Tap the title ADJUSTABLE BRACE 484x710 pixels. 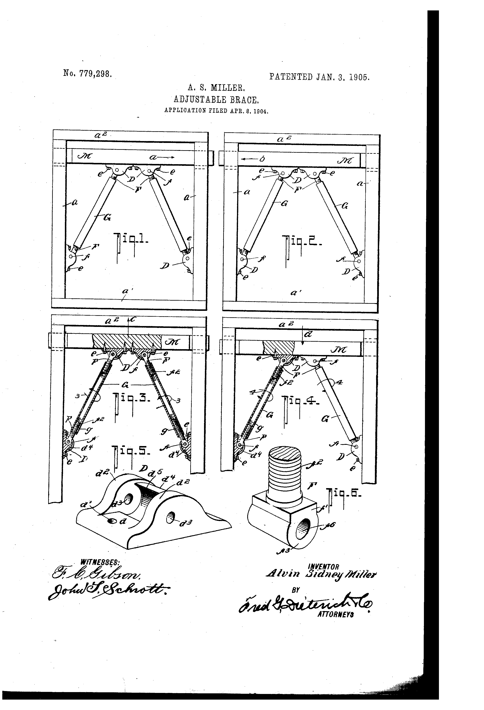[217, 100]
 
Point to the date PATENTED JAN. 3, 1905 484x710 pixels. [319, 77]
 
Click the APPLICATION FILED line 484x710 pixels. [216, 111]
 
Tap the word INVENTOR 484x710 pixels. [323, 567]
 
